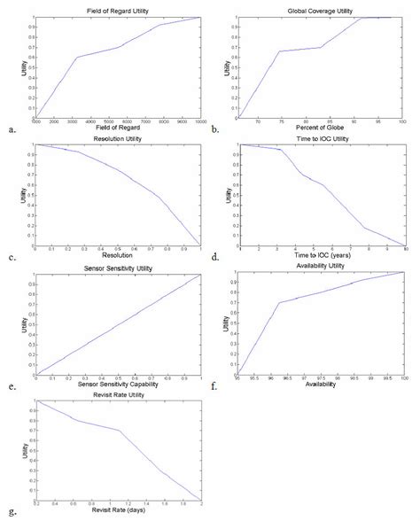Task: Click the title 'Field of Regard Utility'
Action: pos(119,8)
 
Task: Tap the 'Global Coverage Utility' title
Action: pos(321,8)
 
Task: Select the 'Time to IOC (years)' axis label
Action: pos(323,258)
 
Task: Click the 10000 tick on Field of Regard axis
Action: pos(200,121)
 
